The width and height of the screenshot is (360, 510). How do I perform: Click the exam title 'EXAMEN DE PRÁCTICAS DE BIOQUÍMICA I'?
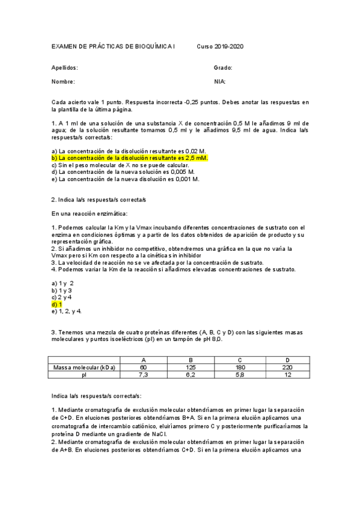(114, 47)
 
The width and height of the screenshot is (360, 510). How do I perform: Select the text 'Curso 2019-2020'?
(221, 47)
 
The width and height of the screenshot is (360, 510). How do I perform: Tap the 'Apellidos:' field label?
(64, 68)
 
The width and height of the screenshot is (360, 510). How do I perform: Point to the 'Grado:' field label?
(222, 68)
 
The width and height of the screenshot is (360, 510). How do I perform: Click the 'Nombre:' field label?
(63, 81)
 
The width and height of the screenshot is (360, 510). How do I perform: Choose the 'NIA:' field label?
(219, 81)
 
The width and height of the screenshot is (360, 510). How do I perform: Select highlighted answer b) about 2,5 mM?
(130, 158)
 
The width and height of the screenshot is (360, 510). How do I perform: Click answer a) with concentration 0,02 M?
(129, 151)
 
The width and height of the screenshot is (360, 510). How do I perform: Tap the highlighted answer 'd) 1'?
(57, 304)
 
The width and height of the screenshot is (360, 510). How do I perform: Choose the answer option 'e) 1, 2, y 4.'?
(67, 311)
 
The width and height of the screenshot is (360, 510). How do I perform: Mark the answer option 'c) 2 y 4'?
(62, 297)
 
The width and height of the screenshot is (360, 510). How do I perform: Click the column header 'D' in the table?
(287, 360)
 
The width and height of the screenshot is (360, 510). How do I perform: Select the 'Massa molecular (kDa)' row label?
(84, 367)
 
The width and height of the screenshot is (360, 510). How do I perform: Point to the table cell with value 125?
(191, 367)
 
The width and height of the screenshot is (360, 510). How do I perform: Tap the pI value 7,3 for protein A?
(143, 374)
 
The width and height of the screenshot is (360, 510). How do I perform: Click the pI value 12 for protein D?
(287, 374)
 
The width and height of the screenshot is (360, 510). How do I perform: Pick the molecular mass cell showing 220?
(287, 367)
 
